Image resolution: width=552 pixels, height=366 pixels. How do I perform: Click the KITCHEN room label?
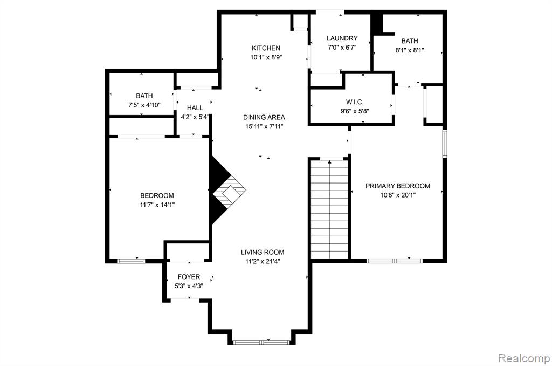click(266, 48)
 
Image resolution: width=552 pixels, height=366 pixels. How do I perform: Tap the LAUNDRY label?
click(342, 38)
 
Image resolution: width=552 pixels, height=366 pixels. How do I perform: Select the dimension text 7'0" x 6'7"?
click(342, 48)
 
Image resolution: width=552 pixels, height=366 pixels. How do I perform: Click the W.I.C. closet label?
click(355, 102)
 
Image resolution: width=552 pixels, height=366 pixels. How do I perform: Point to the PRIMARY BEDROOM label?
click(398, 186)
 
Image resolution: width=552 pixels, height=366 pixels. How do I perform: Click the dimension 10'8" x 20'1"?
click(398, 195)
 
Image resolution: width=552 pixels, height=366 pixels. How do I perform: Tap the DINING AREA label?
click(264, 118)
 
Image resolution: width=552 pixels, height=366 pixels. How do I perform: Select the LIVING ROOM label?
click(263, 252)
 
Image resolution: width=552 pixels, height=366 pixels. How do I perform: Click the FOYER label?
click(189, 277)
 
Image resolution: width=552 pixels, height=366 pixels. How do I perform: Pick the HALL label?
click(195, 108)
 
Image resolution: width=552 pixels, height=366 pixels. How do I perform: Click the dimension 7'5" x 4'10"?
click(144, 105)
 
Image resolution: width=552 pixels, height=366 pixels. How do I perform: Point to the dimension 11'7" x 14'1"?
click(157, 205)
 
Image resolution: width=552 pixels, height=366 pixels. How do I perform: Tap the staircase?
click(329, 209)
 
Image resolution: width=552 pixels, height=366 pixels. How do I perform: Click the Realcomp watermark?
click(524, 358)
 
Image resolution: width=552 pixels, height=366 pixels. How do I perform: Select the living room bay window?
click(262, 342)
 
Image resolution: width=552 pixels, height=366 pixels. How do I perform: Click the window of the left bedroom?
click(131, 261)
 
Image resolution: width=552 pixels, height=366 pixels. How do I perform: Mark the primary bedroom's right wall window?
click(445, 143)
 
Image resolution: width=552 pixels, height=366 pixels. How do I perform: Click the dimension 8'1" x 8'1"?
click(410, 50)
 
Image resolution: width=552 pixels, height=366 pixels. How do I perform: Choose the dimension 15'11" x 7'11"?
click(264, 126)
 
